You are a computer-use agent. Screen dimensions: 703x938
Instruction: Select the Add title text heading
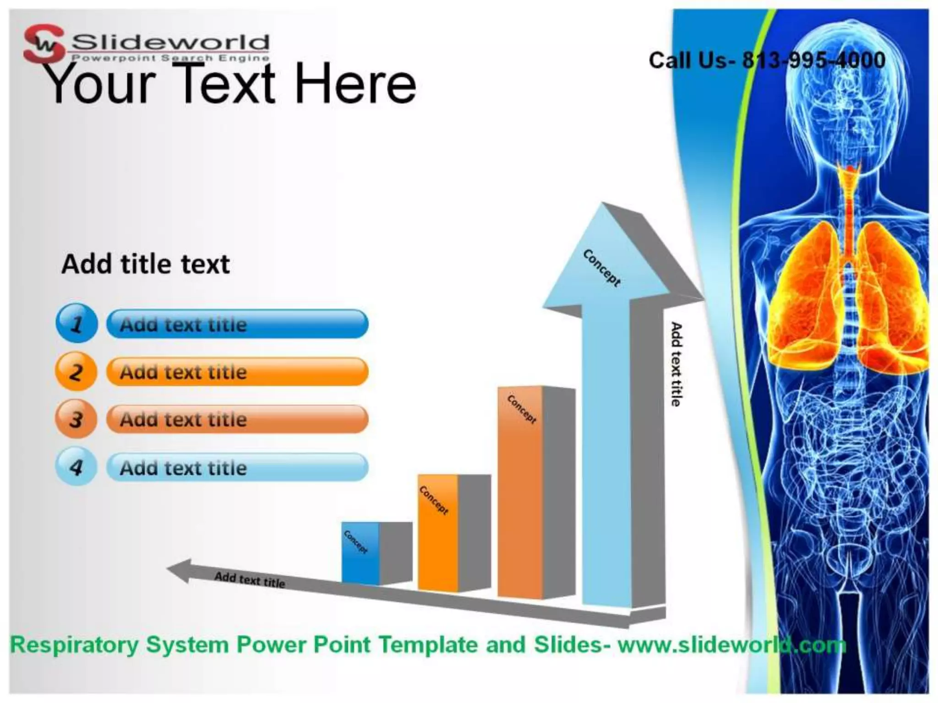point(146,264)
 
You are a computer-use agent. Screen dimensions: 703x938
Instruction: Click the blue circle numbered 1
point(76,323)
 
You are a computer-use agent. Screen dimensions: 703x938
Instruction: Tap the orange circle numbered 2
point(76,371)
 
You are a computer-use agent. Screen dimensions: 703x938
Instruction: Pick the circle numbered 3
point(76,419)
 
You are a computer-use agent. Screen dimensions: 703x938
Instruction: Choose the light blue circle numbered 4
point(76,466)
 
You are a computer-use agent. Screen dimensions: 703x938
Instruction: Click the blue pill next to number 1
point(237,324)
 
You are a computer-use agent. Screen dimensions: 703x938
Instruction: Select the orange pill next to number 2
point(237,372)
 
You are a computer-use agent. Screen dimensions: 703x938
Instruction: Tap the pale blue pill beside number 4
point(237,467)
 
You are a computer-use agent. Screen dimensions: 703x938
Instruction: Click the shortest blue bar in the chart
point(360,554)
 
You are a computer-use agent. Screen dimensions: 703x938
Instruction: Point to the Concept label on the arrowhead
point(602,268)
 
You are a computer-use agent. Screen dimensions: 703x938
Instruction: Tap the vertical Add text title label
point(676,364)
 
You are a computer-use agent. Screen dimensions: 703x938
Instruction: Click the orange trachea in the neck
point(850,201)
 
